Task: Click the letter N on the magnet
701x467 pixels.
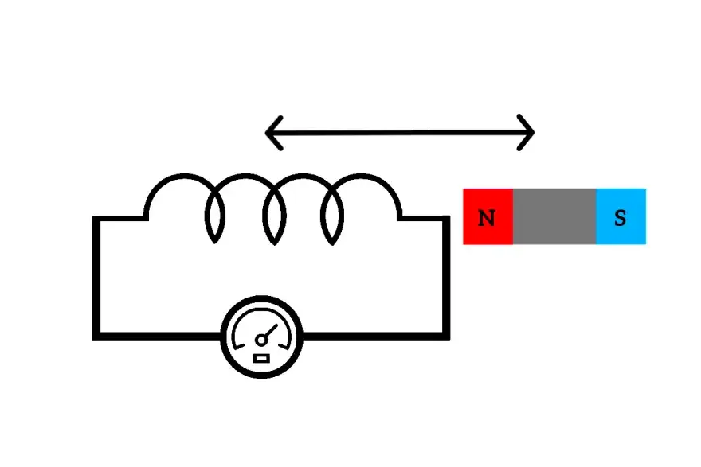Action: pyautogui.click(x=486, y=217)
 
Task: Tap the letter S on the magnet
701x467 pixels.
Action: pyautogui.click(x=620, y=217)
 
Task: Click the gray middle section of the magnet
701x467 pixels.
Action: pyautogui.click(x=554, y=216)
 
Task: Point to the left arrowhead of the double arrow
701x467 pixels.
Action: pyautogui.click(x=272, y=132)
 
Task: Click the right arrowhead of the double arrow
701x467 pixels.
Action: pyautogui.click(x=527, y=132)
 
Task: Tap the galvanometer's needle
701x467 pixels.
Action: pyautogui.click(x=269, y=333)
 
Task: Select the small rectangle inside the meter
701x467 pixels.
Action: pyautogui.click(x=261, y=359)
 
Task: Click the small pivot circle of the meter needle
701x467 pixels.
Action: pyautogui.click(x=260, y=341)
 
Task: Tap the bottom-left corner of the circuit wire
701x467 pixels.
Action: pyautogui.click(x=96, y=336)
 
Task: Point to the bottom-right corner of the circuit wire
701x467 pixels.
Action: pyautogui.click(x=446, y=336)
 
